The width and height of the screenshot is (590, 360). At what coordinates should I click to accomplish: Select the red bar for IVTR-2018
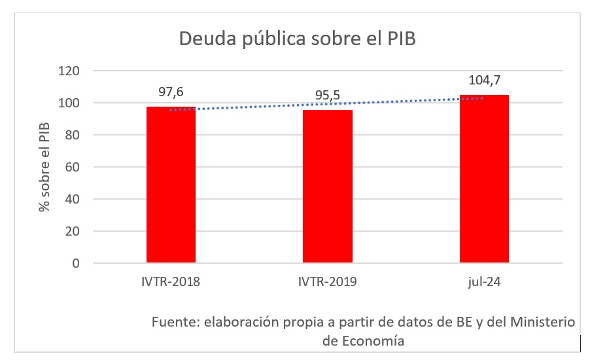[171, 185]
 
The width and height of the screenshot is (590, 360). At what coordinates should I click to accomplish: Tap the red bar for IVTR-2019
[327, 187]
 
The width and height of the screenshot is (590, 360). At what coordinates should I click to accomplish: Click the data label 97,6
[171, 92]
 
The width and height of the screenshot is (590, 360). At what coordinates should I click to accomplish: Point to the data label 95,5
[327, 96]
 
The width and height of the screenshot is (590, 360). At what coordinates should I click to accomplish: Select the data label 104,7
[484, 81]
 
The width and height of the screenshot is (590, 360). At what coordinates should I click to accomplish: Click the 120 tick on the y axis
[69, 71]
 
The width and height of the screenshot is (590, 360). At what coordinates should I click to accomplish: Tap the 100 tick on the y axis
[69, 103]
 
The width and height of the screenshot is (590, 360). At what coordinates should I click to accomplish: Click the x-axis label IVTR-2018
[171, 283]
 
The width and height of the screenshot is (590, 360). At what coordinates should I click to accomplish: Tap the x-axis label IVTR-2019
[327, 283]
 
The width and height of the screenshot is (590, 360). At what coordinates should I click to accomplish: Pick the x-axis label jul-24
[484, 283]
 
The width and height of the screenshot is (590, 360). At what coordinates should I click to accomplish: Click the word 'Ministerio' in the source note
[542, 323]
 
